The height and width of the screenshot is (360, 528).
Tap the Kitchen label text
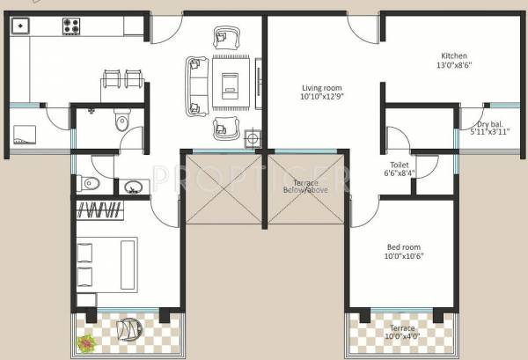click(x=454, y=55)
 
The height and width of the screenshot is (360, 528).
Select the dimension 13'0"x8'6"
click(x=455, y=65)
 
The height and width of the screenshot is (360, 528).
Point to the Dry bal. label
click(x=490, y=125)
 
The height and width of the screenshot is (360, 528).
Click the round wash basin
click(x=134, y=186)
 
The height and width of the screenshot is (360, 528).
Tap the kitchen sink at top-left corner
click(x=18, y=26)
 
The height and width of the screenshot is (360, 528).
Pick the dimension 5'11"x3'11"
click(x=490, y=135)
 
